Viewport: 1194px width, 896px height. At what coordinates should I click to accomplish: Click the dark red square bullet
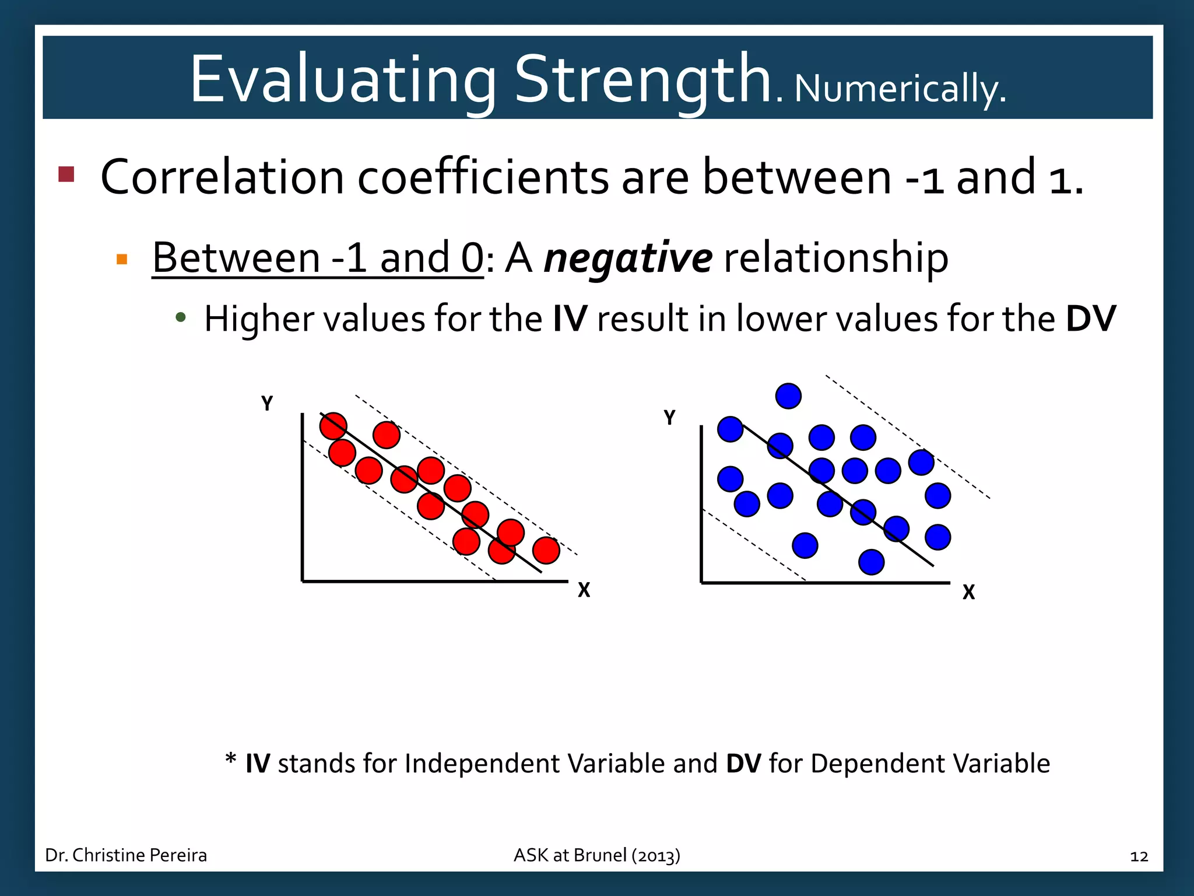[x=66, y=174]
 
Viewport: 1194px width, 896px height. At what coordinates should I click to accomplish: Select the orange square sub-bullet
[x=122, y=259]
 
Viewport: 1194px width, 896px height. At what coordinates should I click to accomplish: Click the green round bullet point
[x=181, y=318]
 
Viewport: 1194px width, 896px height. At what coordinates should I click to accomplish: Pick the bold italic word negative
[x=628, y=257]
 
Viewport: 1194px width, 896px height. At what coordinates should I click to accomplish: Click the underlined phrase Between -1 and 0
[x=318, y=257]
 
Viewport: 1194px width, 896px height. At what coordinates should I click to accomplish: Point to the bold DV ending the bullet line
[x=1090, y=319]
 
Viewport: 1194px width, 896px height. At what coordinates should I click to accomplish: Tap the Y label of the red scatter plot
[x=267, y=404]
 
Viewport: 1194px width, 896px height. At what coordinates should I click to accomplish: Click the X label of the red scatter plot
[x=584, y=590]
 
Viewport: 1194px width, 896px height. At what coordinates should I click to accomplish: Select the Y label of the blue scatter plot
[x=669, y=418]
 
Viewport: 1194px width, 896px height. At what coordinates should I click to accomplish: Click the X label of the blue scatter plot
[x=968, y=592]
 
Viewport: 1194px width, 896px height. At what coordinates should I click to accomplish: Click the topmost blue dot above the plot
[x=788, y=396]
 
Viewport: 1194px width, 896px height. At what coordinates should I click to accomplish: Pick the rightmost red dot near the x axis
[x=546, y=550]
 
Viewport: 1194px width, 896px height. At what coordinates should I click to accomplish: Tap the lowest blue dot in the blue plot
[x=872, y=562]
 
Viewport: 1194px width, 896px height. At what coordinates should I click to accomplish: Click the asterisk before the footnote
[x=231, y=760]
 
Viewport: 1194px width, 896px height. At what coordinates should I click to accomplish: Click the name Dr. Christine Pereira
[x=126, y=855]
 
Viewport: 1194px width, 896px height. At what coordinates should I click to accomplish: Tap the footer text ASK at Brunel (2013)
[x=596, y=855]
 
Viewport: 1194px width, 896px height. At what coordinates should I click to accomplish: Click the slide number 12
[x=1139, y=856]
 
